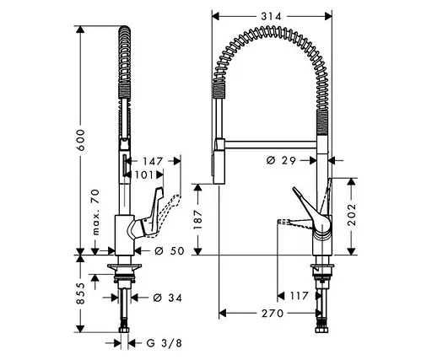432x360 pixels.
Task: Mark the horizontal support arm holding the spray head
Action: [270, 144]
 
